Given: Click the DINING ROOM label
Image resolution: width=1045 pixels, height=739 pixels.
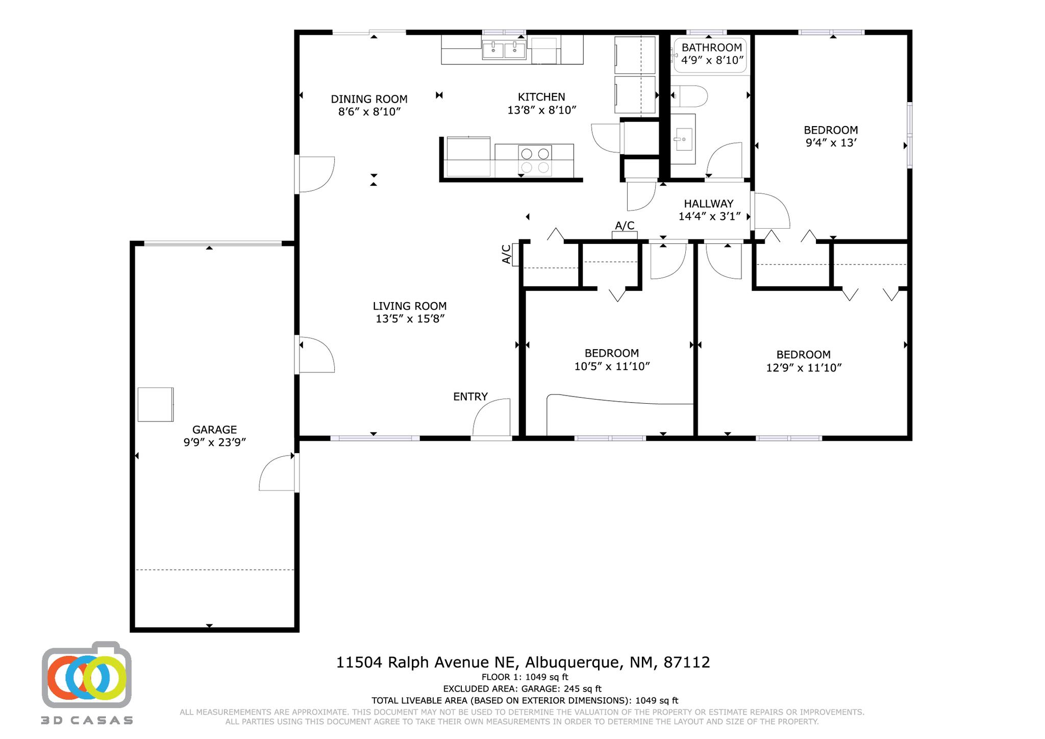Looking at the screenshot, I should [369, 99].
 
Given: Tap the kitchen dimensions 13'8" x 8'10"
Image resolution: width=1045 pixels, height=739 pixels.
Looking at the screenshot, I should [541, 110].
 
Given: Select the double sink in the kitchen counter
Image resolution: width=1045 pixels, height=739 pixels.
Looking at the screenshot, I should [504, 50].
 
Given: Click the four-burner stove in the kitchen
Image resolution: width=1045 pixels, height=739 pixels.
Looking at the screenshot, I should [535, 160].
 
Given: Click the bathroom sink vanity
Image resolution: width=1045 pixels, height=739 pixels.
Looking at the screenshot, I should [683, 139].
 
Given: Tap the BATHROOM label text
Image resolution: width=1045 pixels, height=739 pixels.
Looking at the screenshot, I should [711, 48].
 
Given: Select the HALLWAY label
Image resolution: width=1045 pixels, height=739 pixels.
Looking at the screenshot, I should [709, 204].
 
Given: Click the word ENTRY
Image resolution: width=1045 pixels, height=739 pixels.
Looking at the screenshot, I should [470, 397].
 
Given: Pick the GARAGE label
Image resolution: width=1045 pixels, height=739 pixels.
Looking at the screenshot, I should [214, 430].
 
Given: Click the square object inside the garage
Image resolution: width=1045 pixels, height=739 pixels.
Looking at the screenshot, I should [156, 405].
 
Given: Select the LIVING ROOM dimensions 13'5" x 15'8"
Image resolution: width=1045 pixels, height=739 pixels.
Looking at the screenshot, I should [410, 319].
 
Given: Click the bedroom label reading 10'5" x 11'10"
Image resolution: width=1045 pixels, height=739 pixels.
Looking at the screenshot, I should [612, 366].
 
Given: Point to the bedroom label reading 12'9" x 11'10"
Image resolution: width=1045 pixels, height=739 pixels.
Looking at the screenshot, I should [803, 367].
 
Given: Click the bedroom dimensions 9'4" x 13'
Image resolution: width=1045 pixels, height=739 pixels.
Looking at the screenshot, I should [830, 143].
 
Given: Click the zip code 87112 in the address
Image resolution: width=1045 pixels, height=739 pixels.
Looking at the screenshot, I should [686, 662].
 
